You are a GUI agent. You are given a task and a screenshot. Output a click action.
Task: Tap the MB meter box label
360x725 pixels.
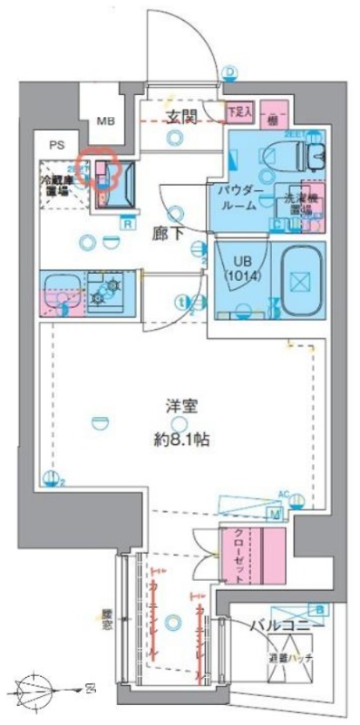point(106,121)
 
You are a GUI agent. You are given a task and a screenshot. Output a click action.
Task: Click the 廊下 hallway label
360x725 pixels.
point(168,231)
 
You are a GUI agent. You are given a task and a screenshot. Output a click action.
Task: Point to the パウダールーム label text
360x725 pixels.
point(239,198)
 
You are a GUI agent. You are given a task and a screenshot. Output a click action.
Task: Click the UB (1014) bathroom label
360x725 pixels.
point(243,268)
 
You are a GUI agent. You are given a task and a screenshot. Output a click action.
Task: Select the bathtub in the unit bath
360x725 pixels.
point(301,279)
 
